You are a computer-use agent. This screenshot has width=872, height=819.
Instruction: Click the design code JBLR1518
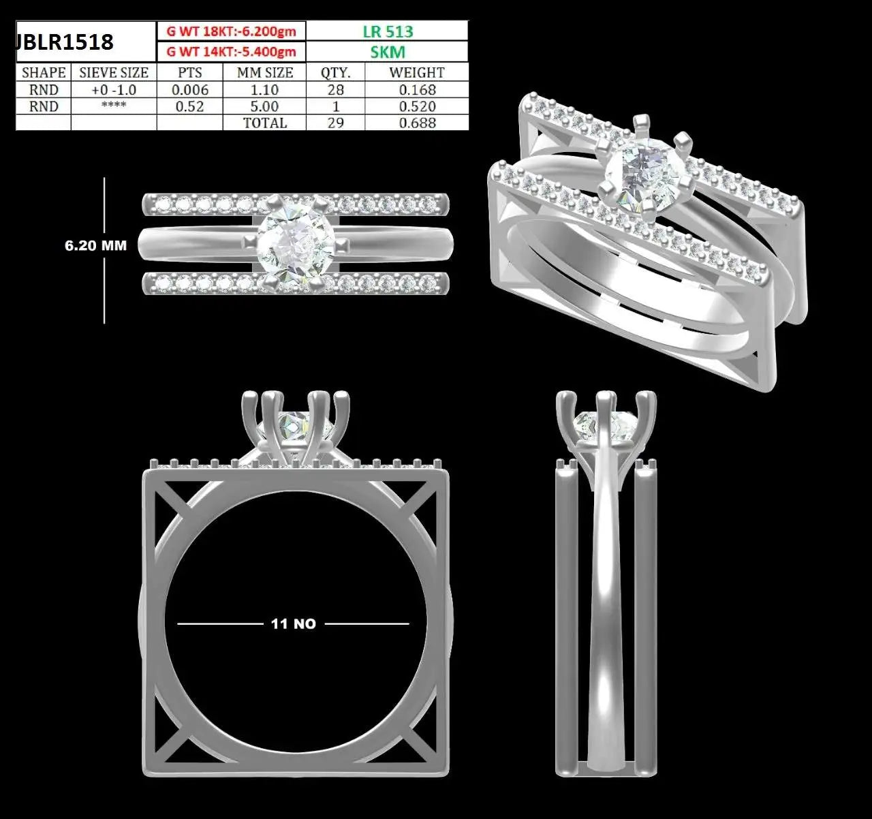tap(64, 42)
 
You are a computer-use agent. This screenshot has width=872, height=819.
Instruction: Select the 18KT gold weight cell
tap(231, 31)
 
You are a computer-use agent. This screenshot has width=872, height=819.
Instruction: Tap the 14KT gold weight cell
tap(231, 52)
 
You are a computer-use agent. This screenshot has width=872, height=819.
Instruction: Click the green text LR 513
tap(388, 31)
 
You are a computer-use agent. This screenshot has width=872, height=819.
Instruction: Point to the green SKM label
tap(388, 52)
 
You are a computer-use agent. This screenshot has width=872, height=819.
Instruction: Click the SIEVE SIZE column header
tap(114, 72)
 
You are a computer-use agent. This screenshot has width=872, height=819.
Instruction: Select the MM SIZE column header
tap(265, 72)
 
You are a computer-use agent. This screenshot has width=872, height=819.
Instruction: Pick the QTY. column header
tap(335, 72)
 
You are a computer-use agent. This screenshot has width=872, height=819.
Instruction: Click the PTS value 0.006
tap(189, 89)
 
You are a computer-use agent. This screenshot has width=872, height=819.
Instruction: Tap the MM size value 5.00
tap(264, 106)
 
